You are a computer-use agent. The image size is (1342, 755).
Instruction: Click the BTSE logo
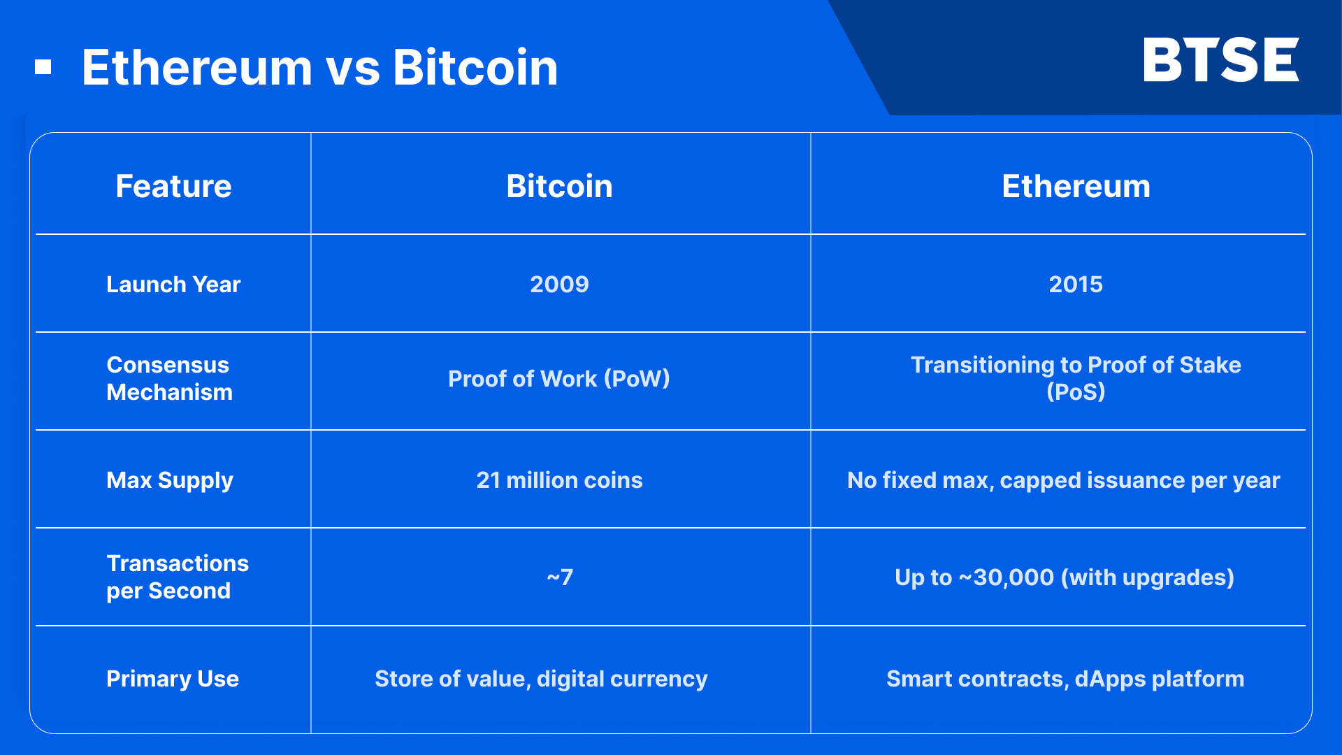[x=1220, y=60]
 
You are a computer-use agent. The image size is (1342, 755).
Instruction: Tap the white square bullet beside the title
[x=43, y=67]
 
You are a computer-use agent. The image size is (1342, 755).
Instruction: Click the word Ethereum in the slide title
[x=196, y=68]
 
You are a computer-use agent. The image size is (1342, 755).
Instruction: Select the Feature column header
[x=173, y=187]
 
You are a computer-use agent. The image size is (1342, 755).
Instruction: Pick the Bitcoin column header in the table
[x=559, y=187]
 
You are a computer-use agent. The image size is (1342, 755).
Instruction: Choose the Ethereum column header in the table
[x=1076, y=187]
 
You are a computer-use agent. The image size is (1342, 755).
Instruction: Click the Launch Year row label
[x=173, y=285]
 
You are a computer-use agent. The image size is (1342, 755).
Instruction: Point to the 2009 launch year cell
[x=559, y=285]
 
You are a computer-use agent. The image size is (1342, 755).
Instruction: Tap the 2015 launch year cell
[x=1076, y=285]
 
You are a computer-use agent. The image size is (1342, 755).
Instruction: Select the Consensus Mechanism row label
[x=169, y=378]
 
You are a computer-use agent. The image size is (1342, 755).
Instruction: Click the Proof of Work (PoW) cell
[x=559, y=379]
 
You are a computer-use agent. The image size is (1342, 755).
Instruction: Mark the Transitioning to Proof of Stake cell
[x=1076, y=378]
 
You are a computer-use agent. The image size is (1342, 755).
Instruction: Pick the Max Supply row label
[x=170, y=480]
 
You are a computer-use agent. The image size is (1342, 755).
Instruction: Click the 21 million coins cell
[x=559, y=480]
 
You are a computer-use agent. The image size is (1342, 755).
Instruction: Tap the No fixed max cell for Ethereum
[x=1063, y=480]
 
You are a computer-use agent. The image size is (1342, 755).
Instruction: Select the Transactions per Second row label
[x=178, y=577]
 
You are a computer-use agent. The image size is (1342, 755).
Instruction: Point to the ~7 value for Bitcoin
[x=559, y=577]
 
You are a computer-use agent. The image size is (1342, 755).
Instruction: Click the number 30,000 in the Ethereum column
[x=1013, y=577]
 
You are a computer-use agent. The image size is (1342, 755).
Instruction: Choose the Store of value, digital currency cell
[x=541, y=679]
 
